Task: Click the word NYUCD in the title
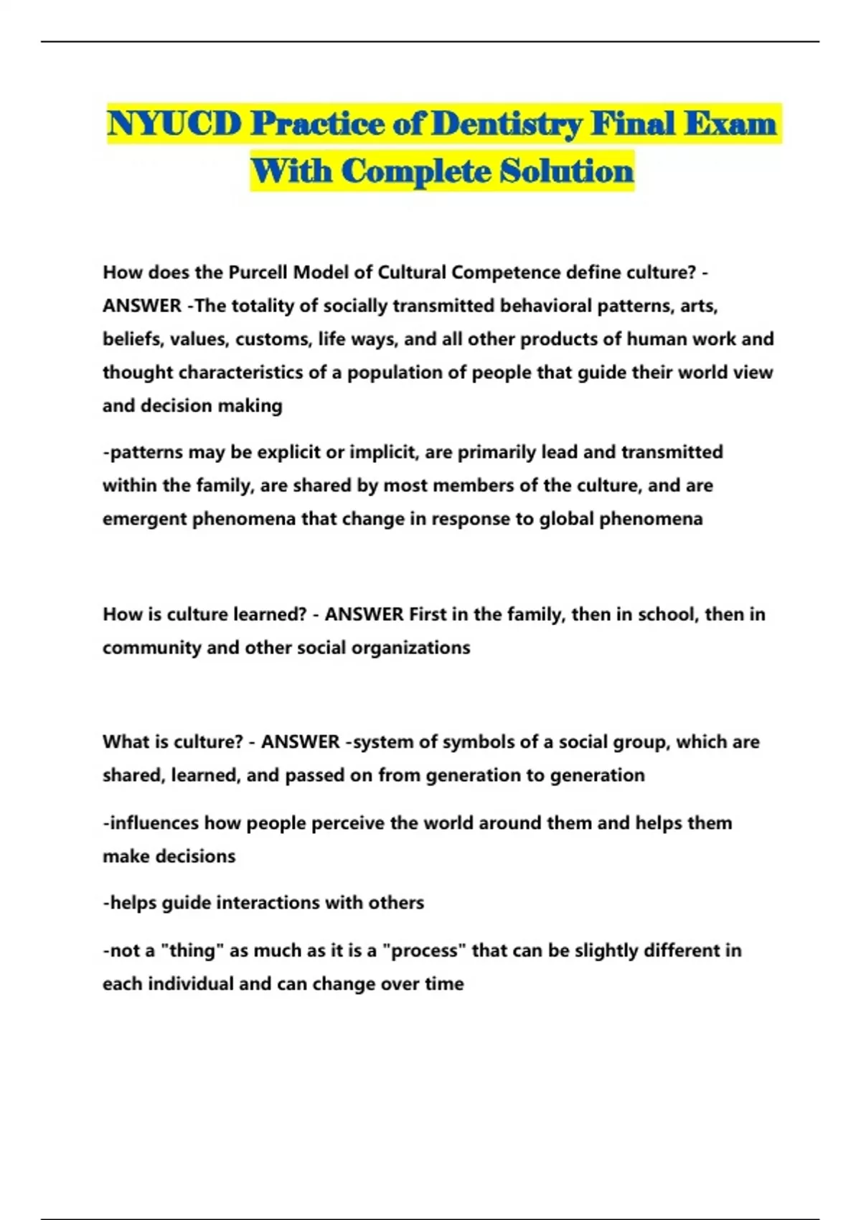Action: (x=174, y=124)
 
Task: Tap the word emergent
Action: (x=145, y=519)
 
